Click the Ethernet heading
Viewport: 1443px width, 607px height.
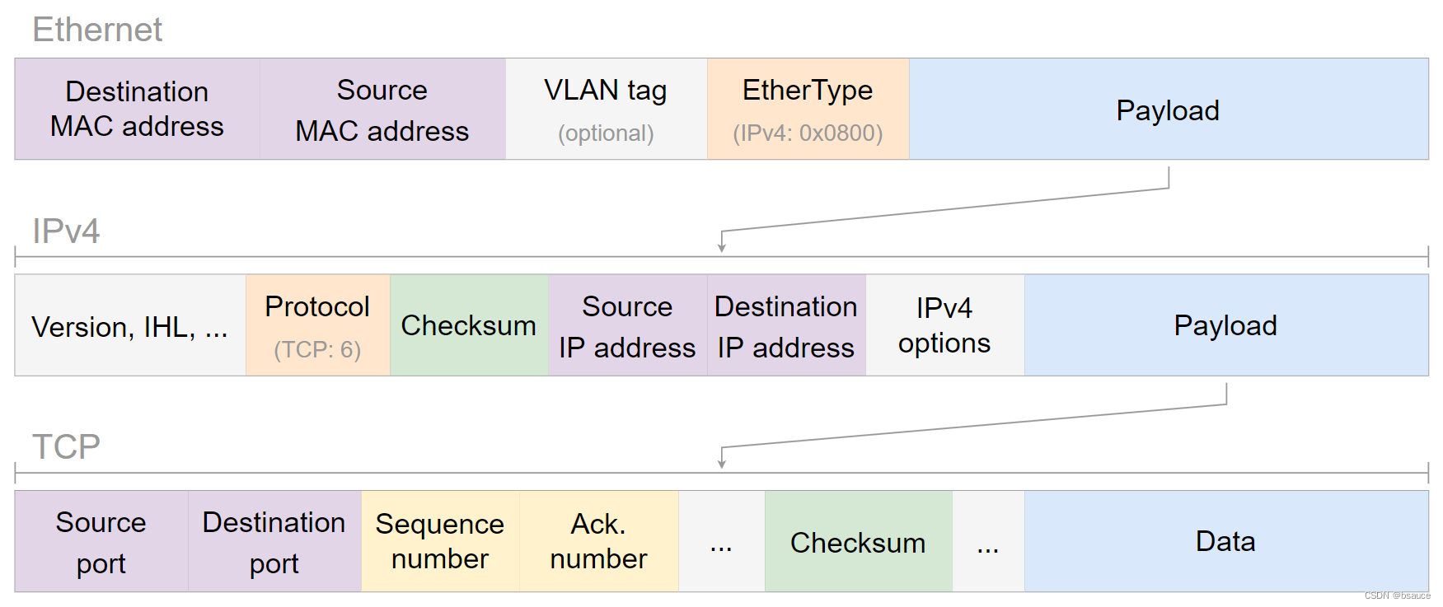click(x=97, y=30)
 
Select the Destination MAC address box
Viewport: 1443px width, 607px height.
click(x=137, y=109)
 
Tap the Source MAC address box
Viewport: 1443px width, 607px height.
click(x=382, y=109)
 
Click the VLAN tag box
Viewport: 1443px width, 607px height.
click(x=606, y=109)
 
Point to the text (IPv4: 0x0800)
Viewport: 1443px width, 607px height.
click(x=808, y=133)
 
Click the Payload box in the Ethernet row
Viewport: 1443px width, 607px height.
click(x=1168, y=110)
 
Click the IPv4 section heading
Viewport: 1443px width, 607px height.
click(x=66, y=231)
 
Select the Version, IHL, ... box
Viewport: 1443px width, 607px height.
click(x=129, y=326)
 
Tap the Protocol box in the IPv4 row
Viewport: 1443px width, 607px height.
click(x=317, y=325)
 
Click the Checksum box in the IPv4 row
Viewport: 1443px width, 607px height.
click(x=468, y=325)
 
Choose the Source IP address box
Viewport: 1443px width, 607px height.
click(x=627, y=325)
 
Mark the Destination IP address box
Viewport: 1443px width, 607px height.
click(x=786, y=325)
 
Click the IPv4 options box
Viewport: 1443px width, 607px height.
click(x=944, y=325)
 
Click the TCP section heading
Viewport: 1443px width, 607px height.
click(x=66, y=447)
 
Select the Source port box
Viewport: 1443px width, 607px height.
click(x=101, y=542)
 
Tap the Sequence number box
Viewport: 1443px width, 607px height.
click(x=440, y=541)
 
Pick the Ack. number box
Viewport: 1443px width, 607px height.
click(x=598, y=541)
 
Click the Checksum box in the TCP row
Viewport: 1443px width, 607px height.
click(x=858, y=542)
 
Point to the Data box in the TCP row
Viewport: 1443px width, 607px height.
click(x=1225, y=541)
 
